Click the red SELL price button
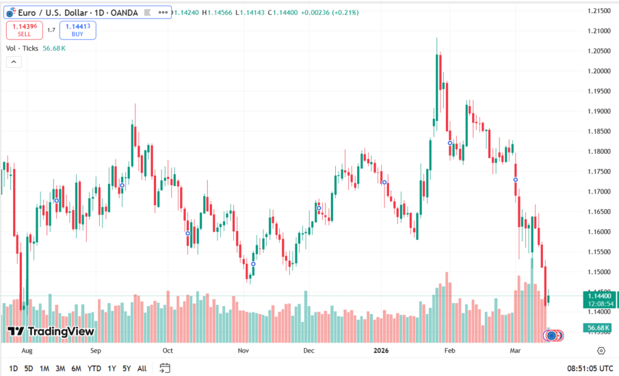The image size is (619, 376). [x=23, y=29]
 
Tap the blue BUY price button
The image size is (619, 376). [x=77, y=29]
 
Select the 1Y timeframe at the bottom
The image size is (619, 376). [x=111, y=368]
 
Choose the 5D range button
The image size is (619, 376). [x=28, y=368]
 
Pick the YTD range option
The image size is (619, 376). [x=94, y=368]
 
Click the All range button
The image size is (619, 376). [x=142, y=368]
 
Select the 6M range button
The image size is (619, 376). [x=77, y=368]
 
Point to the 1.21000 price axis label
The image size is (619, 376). [x=600, y=31]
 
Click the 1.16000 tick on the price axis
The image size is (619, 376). [x=600, y=232]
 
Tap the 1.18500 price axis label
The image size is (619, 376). [x=600, y=131]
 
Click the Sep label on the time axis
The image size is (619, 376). [x=96, y=351]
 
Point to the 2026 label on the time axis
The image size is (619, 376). [x=382, y=351]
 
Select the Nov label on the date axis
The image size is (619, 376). [x=243, y=351]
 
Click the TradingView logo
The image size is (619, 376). [x=51, y=332]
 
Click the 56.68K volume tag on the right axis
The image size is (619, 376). [x=599, y=328]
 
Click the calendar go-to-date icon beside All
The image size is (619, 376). [x=164, y=368]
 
